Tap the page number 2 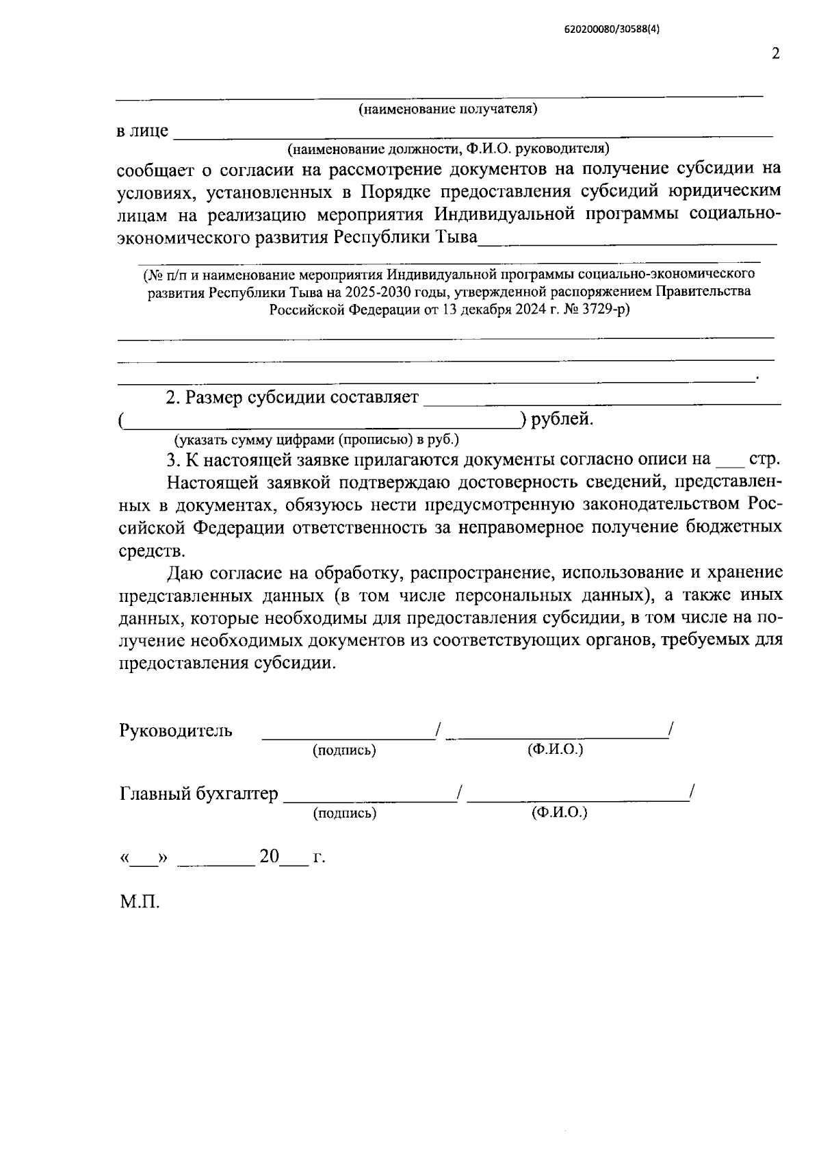click(x=775, y=54)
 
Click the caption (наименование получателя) click(x=448, y=110)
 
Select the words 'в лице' click(x=142, y=131)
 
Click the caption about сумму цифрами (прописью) click(x=316, y=439)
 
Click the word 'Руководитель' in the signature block click(x=175, y=731)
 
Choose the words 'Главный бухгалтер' click(x=199, y=794)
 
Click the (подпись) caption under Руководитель click(x=344, y=750)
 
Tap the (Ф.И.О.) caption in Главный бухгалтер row click(x=559, y=813)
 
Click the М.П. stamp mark click(x=140, y=902)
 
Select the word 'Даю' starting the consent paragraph click(x=185, y=572)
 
